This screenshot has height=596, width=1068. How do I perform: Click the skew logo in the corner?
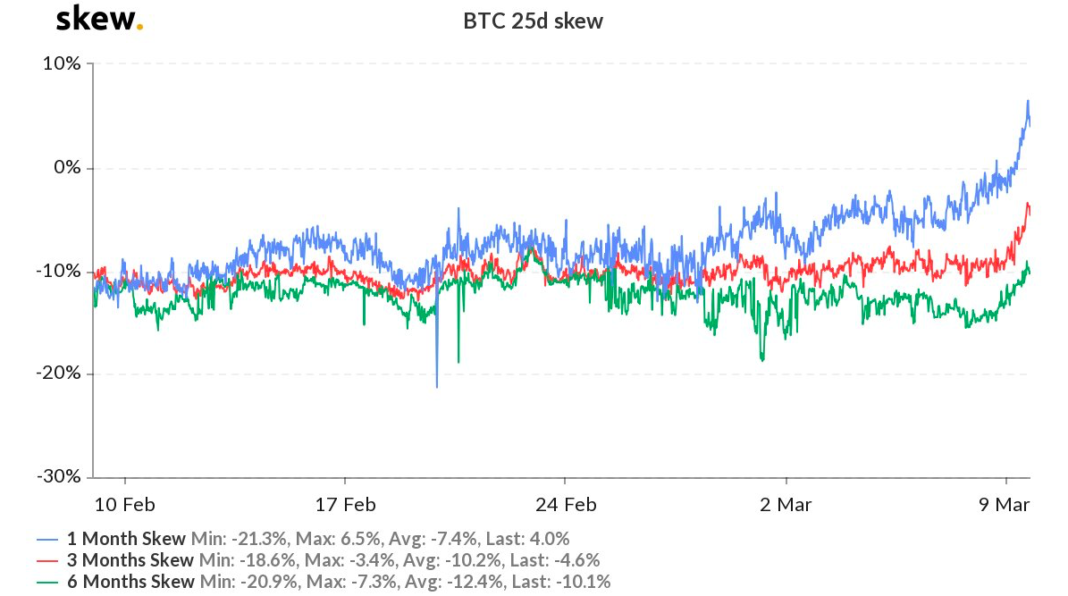pos(99,19)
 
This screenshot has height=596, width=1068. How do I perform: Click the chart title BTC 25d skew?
pos(533,21)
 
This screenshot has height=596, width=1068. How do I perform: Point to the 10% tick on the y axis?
pos(62,64)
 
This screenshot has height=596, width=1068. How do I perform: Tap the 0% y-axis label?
pos(67,168)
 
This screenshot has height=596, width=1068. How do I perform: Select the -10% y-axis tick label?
pos(58,271)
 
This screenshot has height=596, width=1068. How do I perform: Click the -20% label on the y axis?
pos(58,373)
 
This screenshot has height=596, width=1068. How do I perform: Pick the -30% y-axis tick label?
pos(58,475)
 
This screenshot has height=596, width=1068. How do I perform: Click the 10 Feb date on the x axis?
pos(124,505)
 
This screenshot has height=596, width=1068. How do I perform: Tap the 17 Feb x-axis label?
pos(345,505)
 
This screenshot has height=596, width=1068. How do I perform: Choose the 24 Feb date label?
pos(566,505)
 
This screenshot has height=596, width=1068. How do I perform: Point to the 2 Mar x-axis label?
pos(786,505)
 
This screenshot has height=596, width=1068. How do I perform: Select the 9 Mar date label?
pos(1005,505)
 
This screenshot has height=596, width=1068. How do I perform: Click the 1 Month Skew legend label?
pos(126,539)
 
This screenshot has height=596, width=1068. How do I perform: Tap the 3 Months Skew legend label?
pos(130,560)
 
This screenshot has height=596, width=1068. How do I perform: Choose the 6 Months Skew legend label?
pos(130,582)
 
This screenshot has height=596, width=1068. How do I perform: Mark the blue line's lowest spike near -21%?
pos(437,387)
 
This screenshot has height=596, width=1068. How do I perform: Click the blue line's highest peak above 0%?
pos(1028,101)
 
